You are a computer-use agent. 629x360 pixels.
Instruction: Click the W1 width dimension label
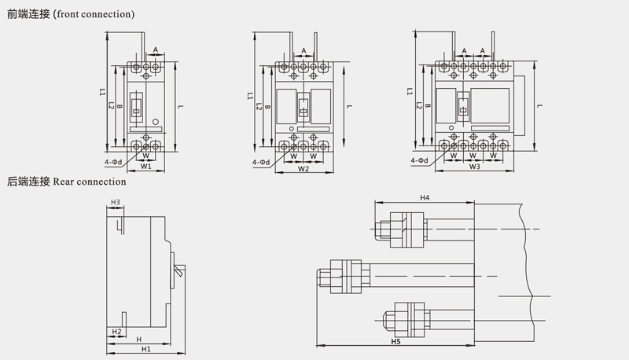coord(145,166)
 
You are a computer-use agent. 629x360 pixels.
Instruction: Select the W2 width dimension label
coord(303,169)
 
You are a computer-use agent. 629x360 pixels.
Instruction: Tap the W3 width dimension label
coord(475,167)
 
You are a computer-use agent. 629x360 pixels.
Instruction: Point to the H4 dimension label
coord(425,197)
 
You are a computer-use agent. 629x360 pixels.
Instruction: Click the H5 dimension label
coord(396,341)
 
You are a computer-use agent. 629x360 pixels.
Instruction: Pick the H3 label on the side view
coord(116,203)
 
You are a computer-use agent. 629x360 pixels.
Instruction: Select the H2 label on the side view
coord(116,332)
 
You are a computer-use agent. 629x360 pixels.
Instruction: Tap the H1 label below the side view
coord(146,349)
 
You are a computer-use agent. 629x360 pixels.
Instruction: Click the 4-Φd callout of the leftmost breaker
coord(113,163)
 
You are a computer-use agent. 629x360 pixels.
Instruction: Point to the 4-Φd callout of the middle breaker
coord(261,163)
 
